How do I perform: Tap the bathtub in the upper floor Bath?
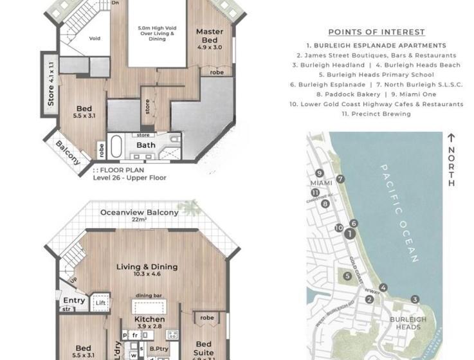(116, 147)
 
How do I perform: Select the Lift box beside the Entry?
(100, 301)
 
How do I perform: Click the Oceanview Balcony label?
(140, 213)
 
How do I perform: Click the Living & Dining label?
(147, 267)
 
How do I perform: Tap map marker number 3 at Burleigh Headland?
(415, 299)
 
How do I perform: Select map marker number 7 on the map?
(340, 179)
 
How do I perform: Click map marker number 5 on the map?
(347, 276)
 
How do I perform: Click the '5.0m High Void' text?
(156, 29)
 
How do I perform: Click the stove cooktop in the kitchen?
(172, 334)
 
